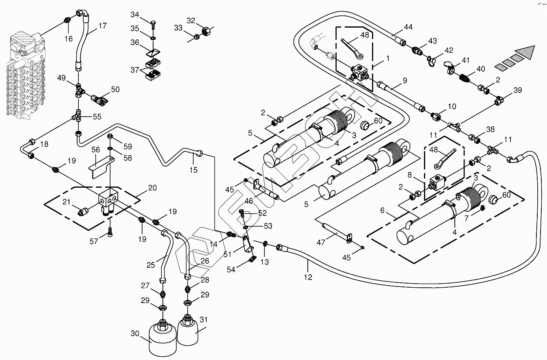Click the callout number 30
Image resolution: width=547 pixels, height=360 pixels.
134,334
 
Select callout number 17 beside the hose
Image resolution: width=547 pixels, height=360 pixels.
102,26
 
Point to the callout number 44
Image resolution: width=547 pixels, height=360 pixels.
408,27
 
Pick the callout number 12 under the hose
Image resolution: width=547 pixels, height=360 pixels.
308,278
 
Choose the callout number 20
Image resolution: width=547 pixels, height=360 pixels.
152,188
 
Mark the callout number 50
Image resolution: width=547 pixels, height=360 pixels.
115,89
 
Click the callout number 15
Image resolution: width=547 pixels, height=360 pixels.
193,169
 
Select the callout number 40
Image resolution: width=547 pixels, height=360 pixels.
480,69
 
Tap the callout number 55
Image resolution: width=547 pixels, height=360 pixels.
97,117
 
